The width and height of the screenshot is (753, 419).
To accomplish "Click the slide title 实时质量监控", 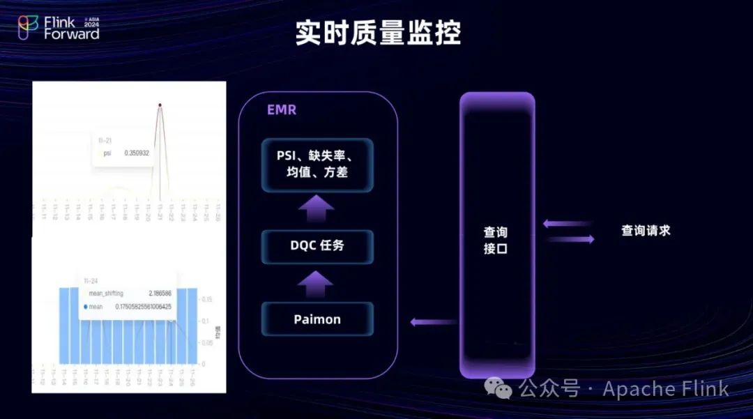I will coord(377,33).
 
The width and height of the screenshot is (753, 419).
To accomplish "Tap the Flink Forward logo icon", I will coord(28,28).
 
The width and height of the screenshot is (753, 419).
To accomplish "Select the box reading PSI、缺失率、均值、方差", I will coord(317,165).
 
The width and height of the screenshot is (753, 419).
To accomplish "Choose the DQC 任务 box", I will coord(317,246).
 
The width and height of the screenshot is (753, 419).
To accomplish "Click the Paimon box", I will coord(317,319).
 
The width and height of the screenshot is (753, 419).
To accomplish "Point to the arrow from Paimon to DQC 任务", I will coord(317,284).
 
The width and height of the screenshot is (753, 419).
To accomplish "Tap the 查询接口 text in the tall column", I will coord(496,240).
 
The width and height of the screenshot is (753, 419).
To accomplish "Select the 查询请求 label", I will coord(646,231).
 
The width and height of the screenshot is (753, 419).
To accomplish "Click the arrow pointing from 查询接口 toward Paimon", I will coord(433,322).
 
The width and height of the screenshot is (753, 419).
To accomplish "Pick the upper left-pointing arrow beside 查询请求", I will coord(568,224).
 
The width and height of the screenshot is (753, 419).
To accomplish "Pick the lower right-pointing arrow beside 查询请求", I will coord(570,239).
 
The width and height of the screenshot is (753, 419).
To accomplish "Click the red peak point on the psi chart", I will coord(160,105).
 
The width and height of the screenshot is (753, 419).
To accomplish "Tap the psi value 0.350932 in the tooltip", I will coord(137,153).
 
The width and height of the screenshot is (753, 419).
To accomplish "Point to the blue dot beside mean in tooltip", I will coord(86,306).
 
